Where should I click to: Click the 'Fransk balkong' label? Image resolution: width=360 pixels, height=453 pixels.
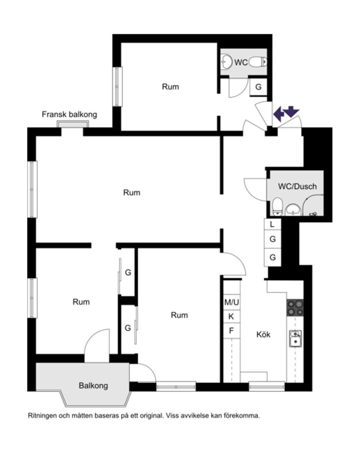(69, 115)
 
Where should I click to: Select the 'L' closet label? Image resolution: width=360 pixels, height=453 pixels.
(272, 224)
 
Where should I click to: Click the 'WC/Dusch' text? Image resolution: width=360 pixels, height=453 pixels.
(297, 187)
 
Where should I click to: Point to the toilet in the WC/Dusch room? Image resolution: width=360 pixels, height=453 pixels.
(277, 207)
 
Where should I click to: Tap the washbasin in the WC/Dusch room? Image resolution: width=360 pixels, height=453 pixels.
(293, 210)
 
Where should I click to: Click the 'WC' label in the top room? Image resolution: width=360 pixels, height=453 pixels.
(241, 63)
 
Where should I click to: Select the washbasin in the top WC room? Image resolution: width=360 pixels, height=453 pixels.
(226, 62)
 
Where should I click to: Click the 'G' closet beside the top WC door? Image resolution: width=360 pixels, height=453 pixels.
(258, 87)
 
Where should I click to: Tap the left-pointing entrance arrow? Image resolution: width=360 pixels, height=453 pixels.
(279, 114)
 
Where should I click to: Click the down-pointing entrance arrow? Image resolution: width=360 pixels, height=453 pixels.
(291, 112)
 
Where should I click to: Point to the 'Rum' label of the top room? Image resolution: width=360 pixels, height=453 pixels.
(170, 87)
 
